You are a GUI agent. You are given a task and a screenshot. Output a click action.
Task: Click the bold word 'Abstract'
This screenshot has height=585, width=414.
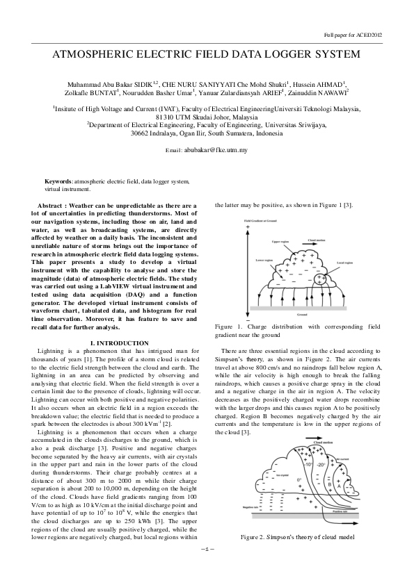[53, 206]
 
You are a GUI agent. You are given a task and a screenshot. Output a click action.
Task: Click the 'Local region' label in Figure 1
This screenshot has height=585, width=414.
[344, 263]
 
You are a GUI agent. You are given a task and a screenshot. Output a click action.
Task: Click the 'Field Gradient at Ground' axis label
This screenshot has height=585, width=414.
[260, 221]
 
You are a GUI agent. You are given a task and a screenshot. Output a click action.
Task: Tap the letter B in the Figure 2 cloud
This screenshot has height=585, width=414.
[328, 484]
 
